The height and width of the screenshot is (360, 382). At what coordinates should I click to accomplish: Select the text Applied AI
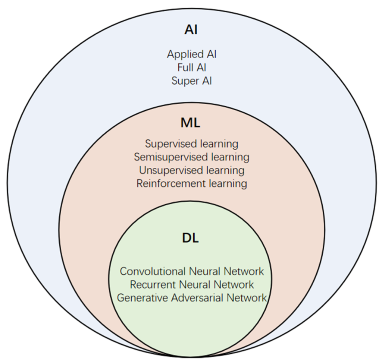pos(191,54)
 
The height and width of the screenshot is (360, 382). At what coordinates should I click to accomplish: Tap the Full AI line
pos(191,67)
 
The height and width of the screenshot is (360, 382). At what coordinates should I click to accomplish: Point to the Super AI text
pos(191,80)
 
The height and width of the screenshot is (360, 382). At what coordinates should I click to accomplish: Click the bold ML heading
pos(191,123)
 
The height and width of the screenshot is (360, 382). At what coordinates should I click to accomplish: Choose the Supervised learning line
pos(191,143)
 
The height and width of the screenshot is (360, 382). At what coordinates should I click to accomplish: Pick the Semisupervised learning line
pos(191,157)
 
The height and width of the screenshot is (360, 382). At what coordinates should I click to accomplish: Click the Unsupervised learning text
pos(191,170)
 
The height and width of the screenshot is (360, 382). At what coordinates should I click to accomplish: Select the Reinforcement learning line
pos(191,183)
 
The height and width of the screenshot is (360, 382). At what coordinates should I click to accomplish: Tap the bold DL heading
pos(191,238)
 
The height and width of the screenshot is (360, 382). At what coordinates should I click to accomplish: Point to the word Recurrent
pos(153,285)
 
